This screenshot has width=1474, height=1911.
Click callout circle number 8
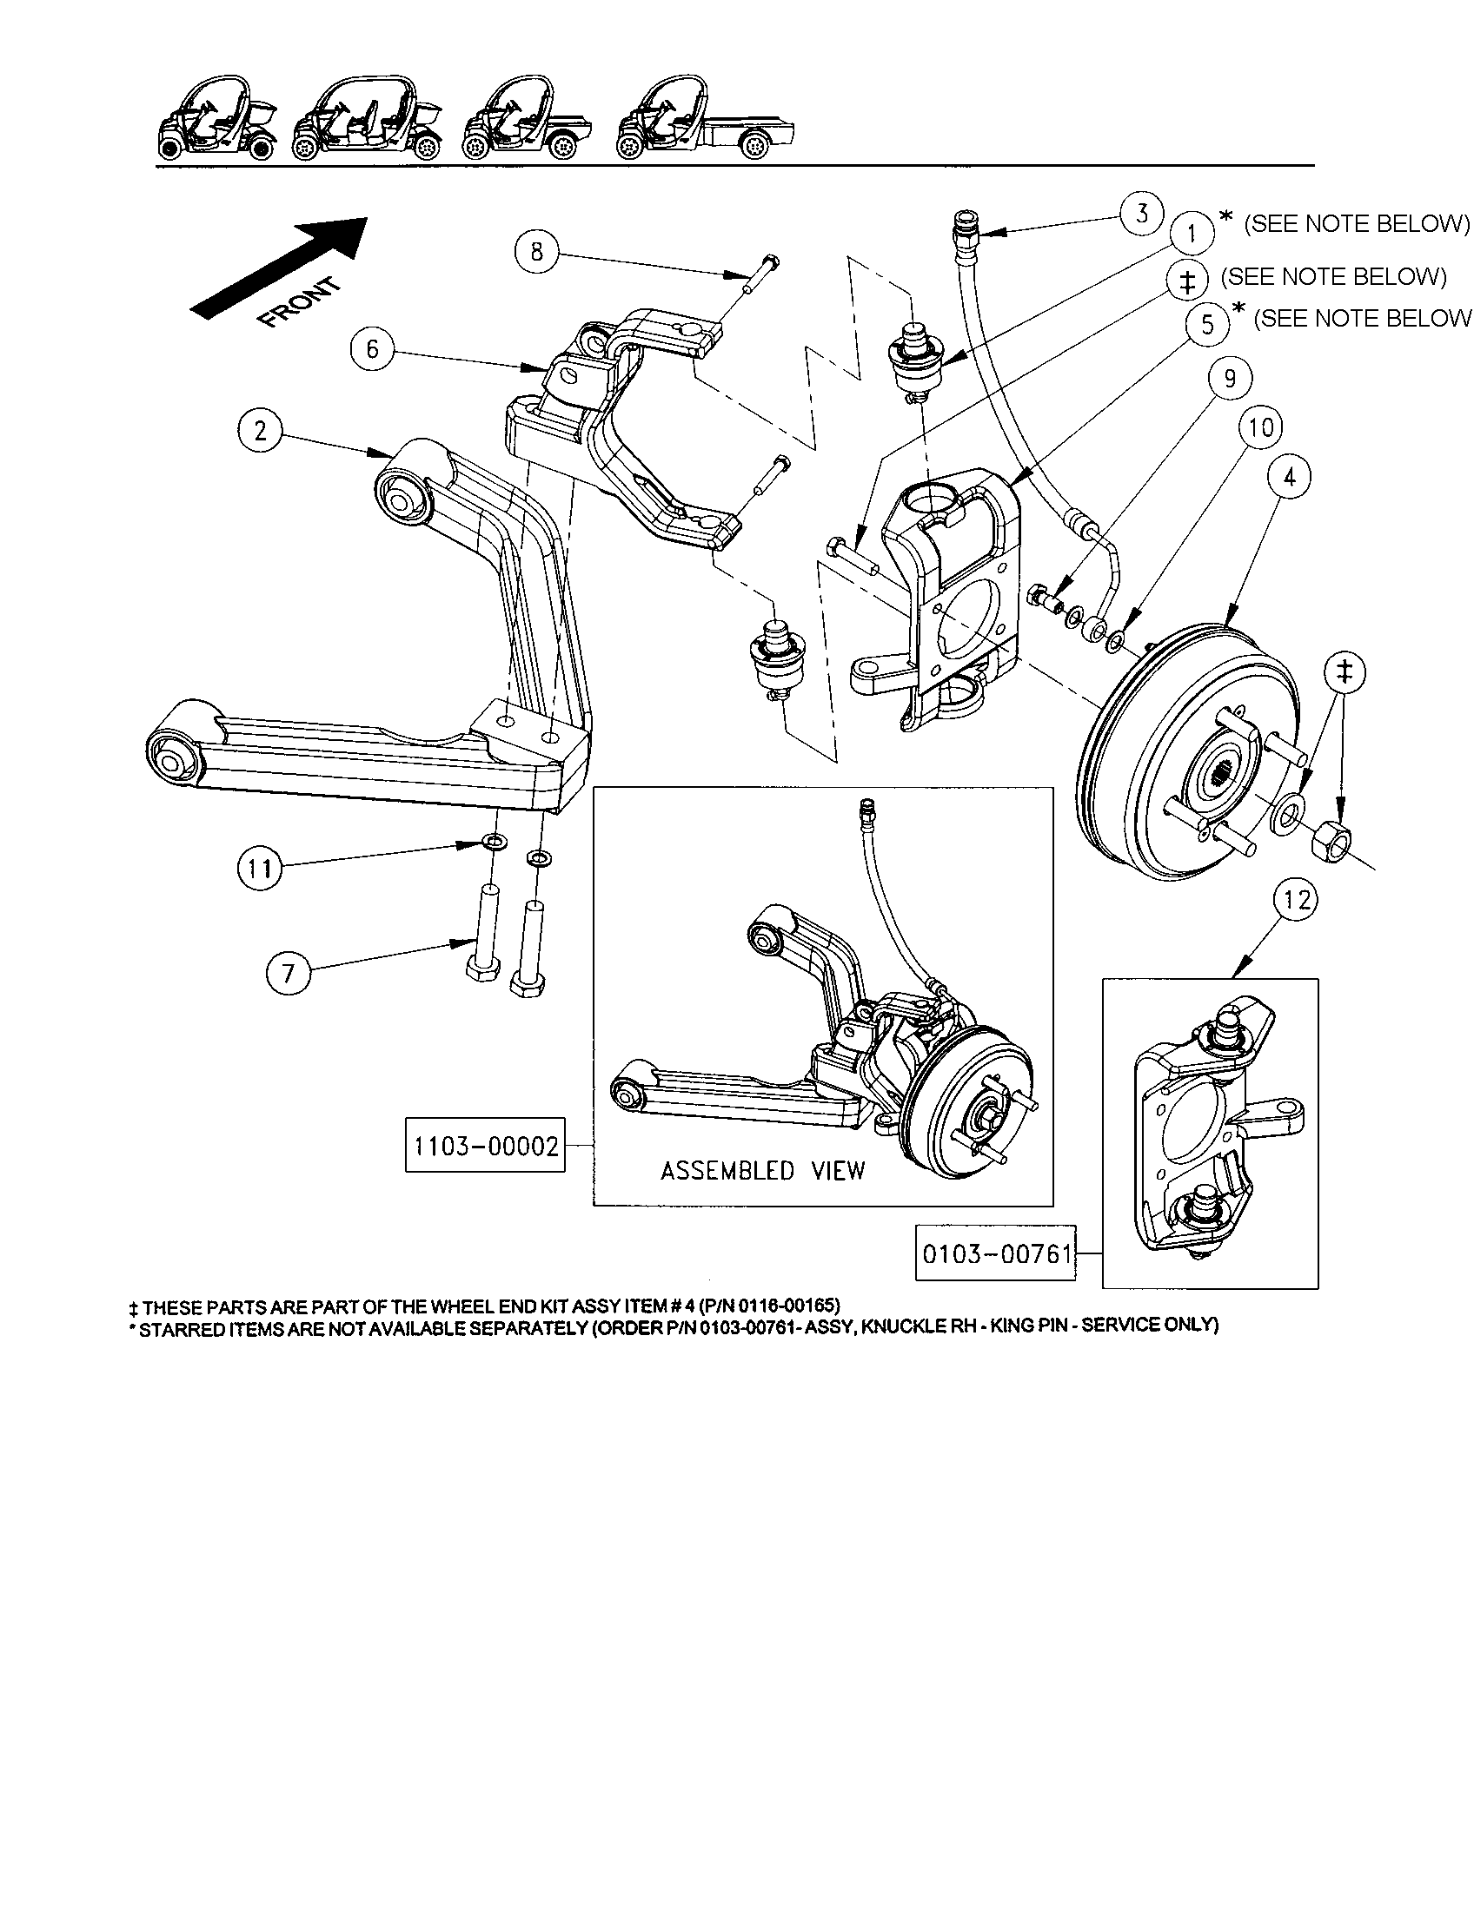(x=536, y=252)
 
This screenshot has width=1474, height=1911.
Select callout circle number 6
(x=373, y=350)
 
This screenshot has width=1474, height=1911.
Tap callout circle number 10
(x=1260, y=428)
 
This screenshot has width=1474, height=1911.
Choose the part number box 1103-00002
(x=485, y=1146)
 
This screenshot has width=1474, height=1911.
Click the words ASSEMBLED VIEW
(x=762, y=1171)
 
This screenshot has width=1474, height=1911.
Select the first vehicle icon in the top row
(x=217, y=122)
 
